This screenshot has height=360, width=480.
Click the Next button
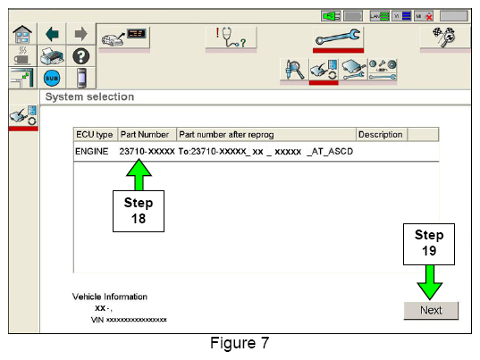[x=431, y=311]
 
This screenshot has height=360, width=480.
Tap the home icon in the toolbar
[x=22, y=34]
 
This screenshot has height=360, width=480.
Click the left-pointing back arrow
[x=52, y=34]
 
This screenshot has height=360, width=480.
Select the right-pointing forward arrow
[x=80, y=34]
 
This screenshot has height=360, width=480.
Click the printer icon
[x=52, y=56]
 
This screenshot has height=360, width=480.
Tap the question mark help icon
[x=81, y=56]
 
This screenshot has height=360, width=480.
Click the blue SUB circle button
[x=52, y=79]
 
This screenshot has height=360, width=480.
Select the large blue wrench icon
[x=338, y=37]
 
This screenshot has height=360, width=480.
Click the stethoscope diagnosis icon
[x=231, y=38]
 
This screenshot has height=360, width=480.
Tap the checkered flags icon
[x=444, y=37]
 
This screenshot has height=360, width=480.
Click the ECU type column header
[x=96, y=135]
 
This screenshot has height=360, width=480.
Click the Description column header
[x=382, y=135]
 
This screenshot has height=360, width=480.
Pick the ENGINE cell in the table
[x=92, y=151]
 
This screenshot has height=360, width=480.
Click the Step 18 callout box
[x=139, y=211]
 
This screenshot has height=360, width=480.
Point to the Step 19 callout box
[x=429, y=244]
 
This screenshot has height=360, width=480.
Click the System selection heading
[x=89, y=96]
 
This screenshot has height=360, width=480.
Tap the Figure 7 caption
[x=240, y=343]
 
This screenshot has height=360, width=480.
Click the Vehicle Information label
[x=110, y=297]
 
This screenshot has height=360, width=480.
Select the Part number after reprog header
[x=226, y=135]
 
